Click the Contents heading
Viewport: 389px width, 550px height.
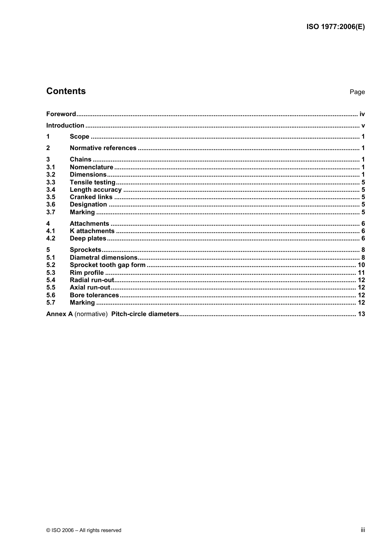66,91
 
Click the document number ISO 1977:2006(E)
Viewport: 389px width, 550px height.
335,27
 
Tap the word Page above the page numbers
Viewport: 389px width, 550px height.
357,92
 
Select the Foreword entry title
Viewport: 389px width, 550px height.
61,114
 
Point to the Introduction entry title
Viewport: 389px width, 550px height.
65,126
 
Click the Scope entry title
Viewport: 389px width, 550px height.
79,137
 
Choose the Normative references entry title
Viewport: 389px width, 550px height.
103,148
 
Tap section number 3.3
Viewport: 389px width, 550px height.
50,182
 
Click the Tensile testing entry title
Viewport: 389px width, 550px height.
93,182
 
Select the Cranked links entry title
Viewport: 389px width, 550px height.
91,197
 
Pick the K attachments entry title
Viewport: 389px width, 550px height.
92,231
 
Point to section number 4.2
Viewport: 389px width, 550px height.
50,238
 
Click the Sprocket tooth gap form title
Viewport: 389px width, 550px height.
107,265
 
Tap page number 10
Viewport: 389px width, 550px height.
361,265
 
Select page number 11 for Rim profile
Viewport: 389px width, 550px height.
361,273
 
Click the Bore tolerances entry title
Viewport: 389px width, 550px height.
94,295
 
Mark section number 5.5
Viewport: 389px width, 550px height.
50,287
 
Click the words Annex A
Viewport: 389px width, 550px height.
59,314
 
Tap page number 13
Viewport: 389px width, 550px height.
361,314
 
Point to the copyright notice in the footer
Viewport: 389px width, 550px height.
84,530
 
